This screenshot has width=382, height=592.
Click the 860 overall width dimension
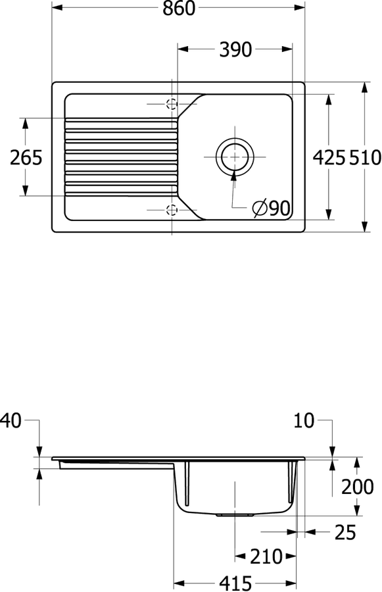179,8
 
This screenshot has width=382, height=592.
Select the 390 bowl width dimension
235,49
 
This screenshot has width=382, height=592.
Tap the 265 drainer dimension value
26,157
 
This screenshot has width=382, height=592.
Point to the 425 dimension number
329,157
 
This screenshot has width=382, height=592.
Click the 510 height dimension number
365,157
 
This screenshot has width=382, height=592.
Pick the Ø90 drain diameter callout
272,208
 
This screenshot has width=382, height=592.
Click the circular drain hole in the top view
235,157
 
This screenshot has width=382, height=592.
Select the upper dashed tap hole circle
172,103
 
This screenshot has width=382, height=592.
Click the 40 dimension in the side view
11,420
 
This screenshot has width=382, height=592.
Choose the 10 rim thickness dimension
304,420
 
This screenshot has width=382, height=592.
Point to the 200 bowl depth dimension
358,487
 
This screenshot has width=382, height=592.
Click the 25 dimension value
345,532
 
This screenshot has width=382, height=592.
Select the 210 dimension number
266,556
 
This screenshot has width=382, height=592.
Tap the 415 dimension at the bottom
235,583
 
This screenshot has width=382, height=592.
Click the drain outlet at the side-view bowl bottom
235,514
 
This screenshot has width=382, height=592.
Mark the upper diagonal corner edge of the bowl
191,105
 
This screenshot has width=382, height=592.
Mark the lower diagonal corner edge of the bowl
191,208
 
